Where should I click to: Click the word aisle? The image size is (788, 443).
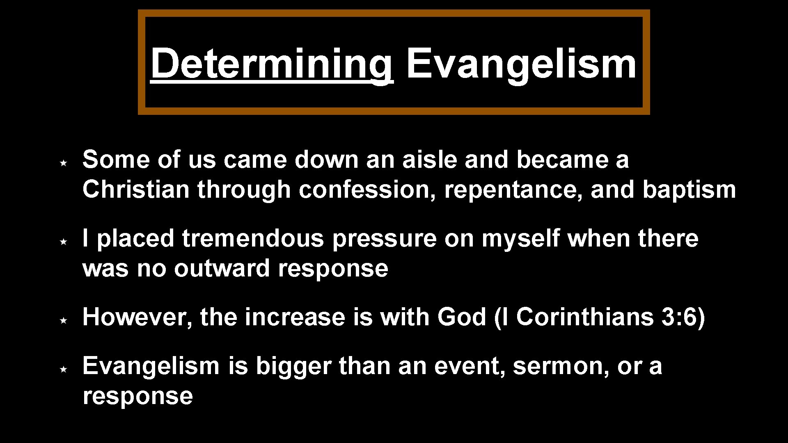pyautogui.click(x=429, y=160)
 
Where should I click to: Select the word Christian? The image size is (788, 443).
pyautogui.click(x=136, y=190)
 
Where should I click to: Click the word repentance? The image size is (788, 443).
pyautogui.click(x=513, y=190)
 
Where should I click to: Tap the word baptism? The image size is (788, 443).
pyautogui.click(x=689, y=190)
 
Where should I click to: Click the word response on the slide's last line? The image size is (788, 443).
pyautogui.click(x=138, y=396)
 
